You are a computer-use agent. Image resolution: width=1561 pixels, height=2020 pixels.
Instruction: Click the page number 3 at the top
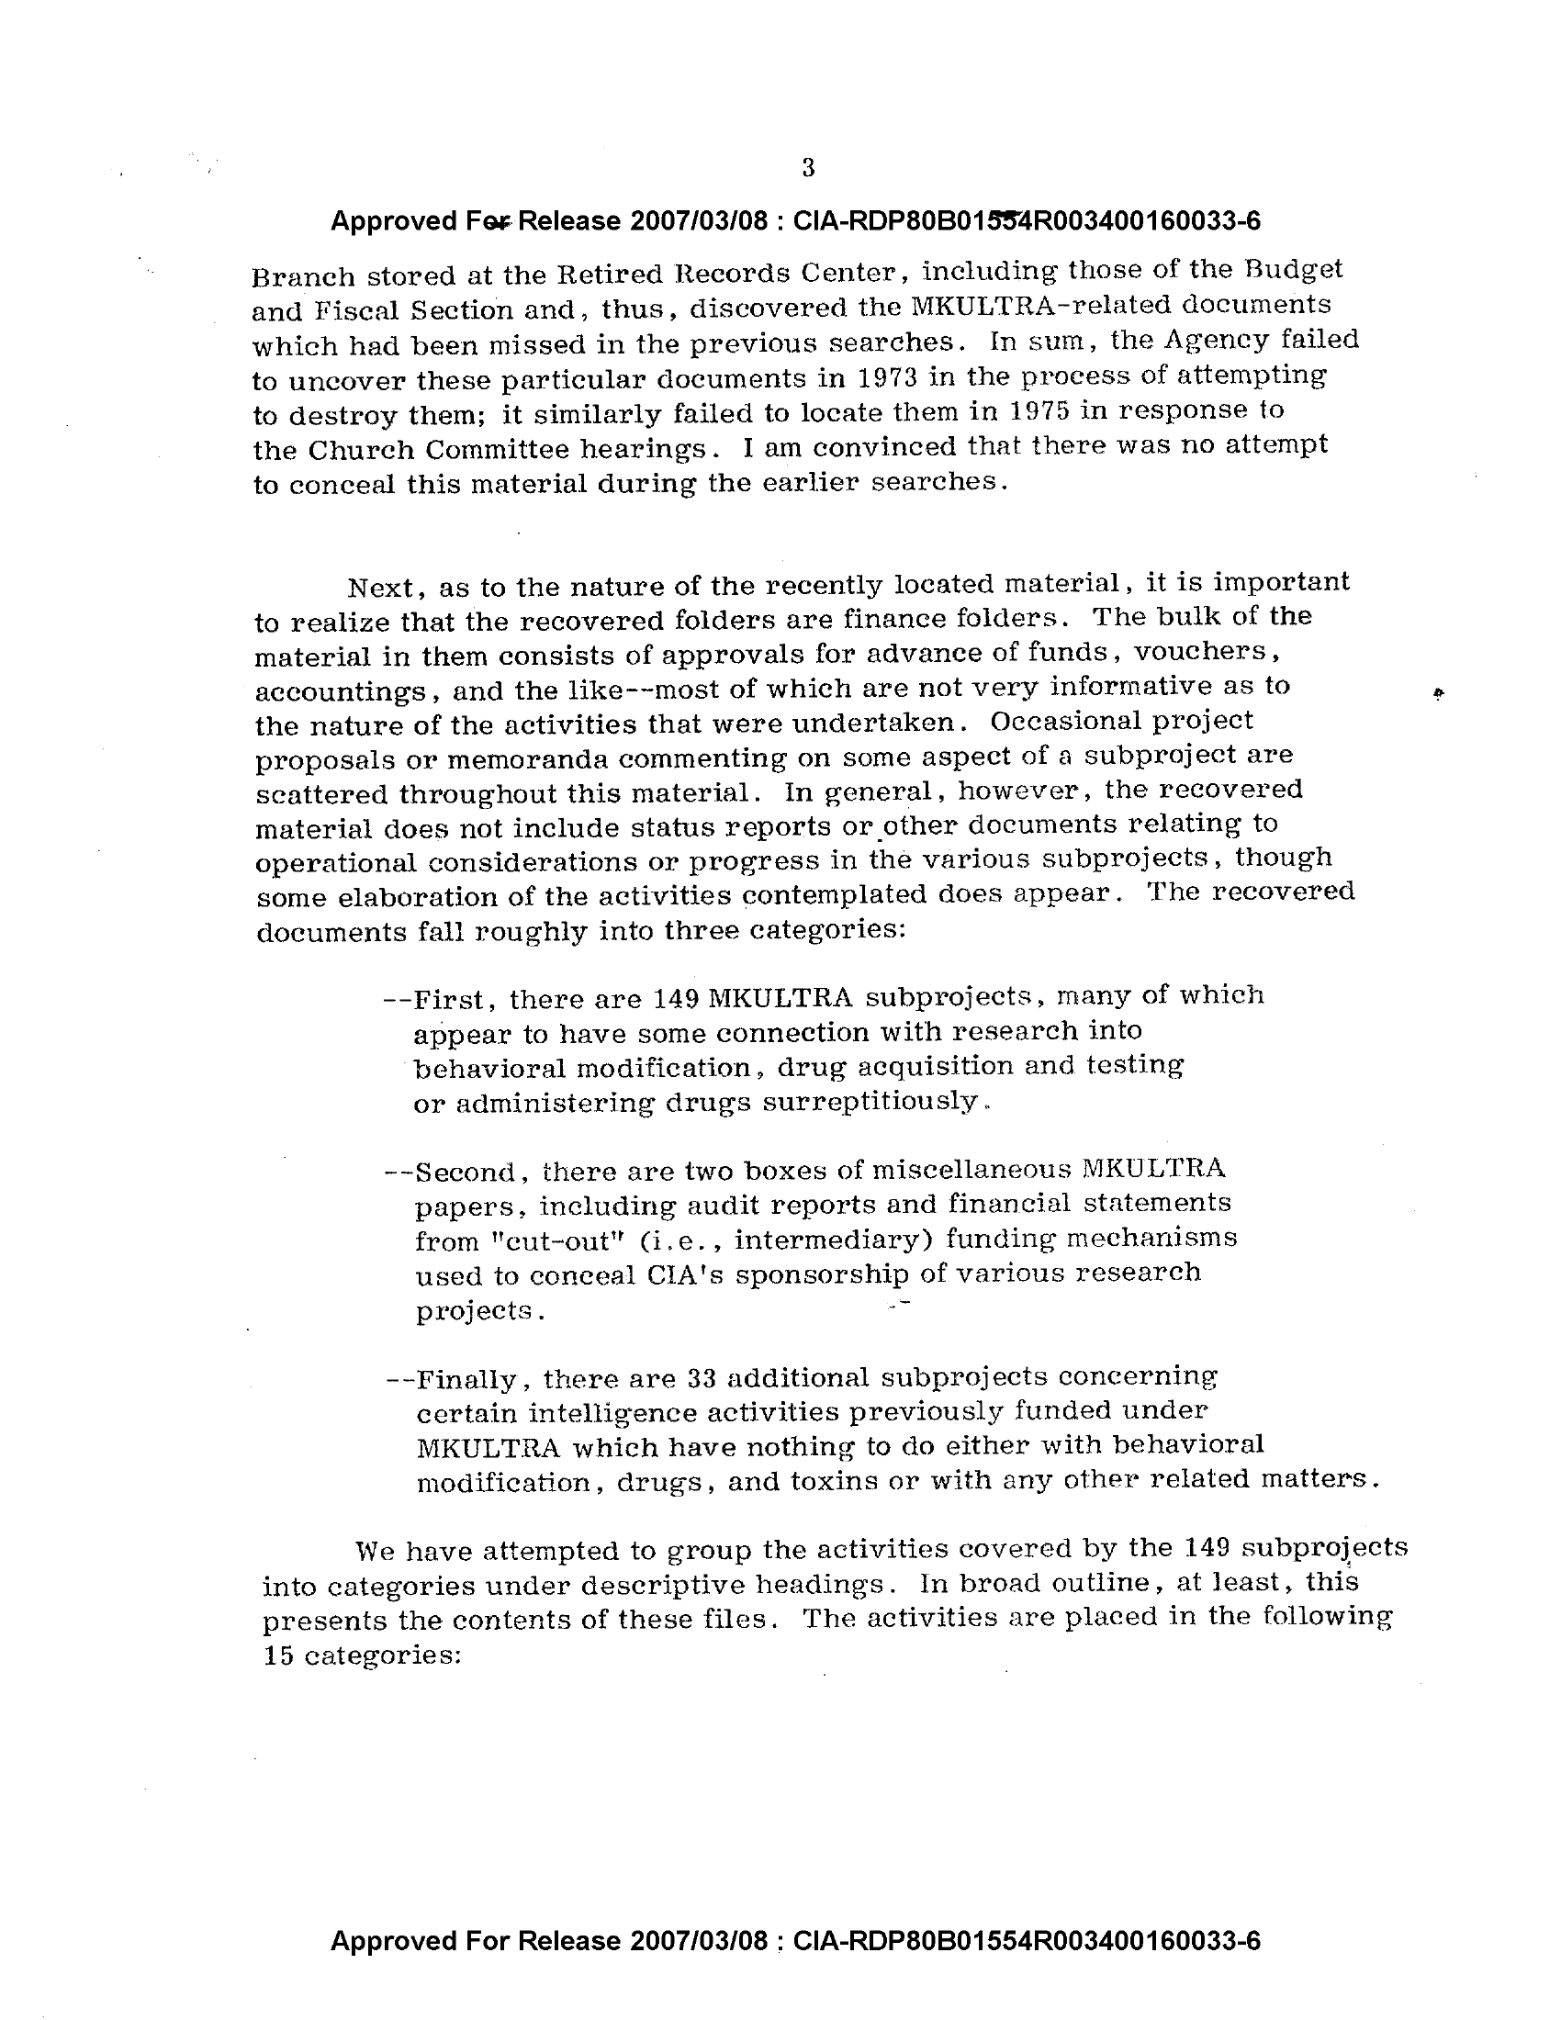click(x=808, y=167)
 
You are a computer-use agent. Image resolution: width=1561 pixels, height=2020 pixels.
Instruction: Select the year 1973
click(x=874, y=378)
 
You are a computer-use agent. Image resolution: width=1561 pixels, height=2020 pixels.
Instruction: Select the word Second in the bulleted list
click(x=463, y=1173)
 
